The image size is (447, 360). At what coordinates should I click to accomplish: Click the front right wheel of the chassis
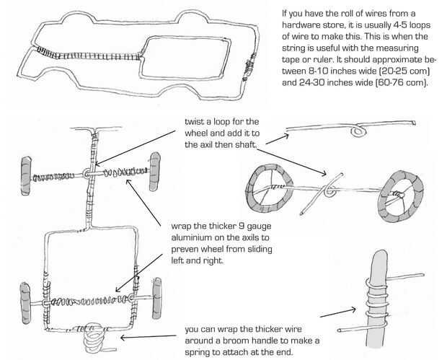click(x=154, y=175)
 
